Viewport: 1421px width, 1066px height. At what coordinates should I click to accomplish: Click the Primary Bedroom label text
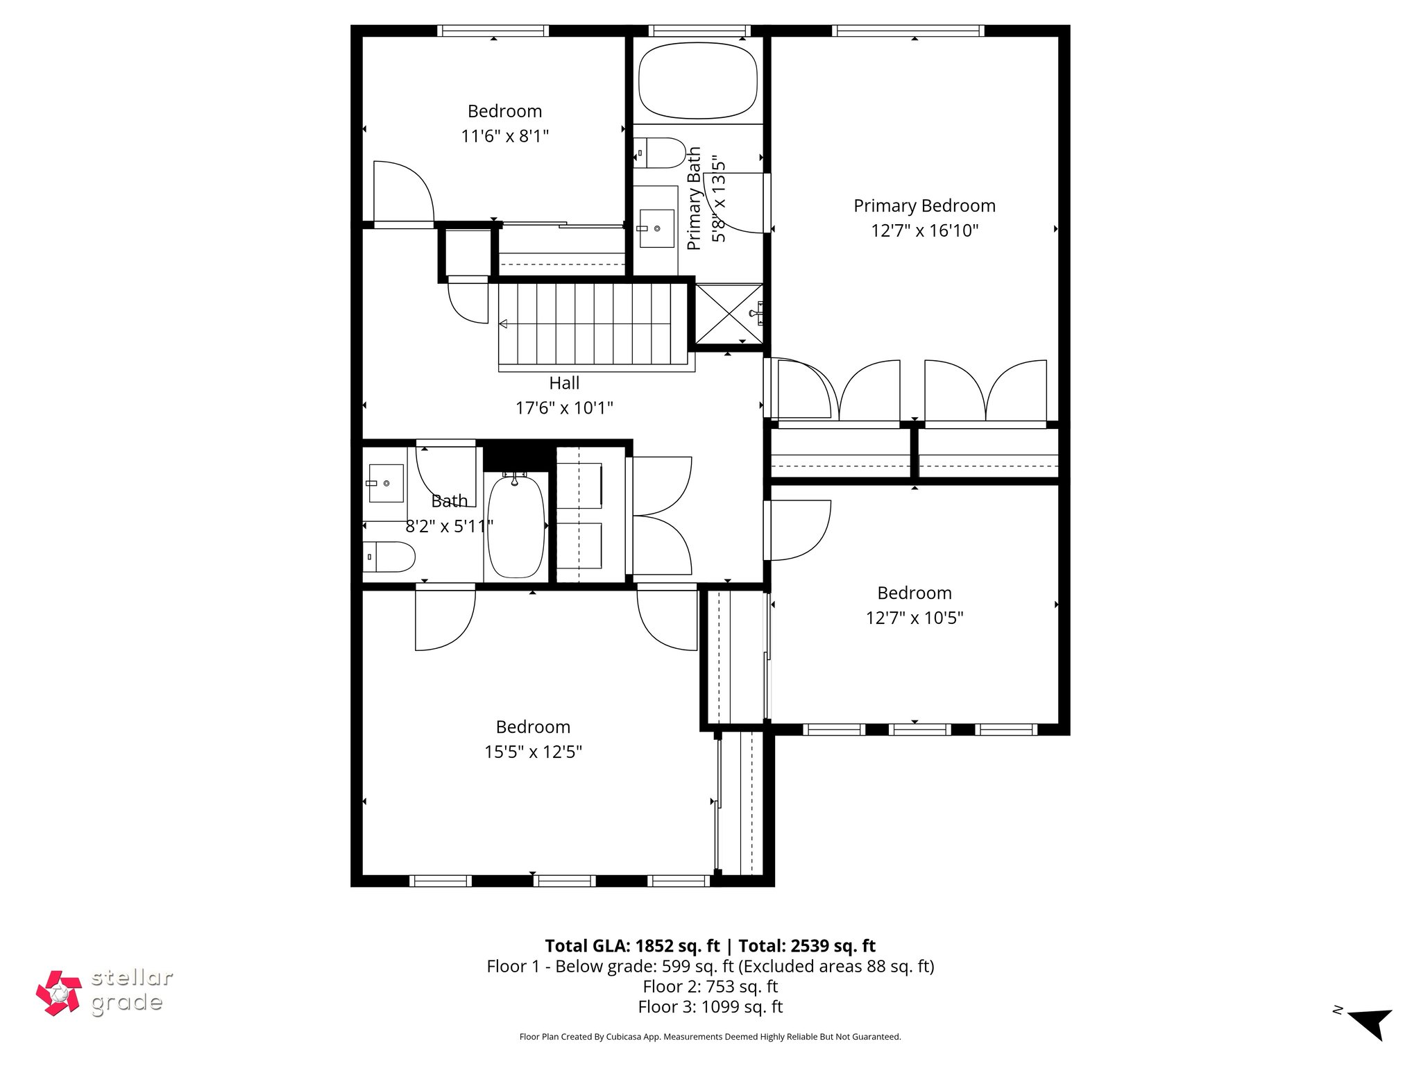click(x=924, y=205)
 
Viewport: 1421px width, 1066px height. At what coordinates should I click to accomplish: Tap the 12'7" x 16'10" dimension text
click(x=924, y=230)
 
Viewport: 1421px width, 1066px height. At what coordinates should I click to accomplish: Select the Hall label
click(x=564, y=383)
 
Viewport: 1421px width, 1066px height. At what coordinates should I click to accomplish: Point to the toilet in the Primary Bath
click(x=659, y=153)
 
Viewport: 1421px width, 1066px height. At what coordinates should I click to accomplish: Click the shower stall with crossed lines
click(x=729, y=314)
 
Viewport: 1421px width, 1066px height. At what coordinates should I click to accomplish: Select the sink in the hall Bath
click(x=385, y=483)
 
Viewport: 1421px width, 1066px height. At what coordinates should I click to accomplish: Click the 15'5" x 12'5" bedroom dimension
click(x=533, y=752)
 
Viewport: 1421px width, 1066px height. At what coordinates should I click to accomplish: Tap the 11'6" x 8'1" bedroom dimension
click(x=504, y=136)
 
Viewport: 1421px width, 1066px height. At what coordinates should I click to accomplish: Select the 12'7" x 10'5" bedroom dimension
click(x=914, y=618)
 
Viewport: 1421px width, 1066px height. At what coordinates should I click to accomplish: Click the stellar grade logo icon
click(x=59, y=993)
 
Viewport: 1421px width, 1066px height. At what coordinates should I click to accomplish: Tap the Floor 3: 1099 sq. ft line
click(x=710, y=1006)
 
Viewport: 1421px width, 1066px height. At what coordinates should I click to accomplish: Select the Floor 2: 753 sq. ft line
click(x=710, y=986)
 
